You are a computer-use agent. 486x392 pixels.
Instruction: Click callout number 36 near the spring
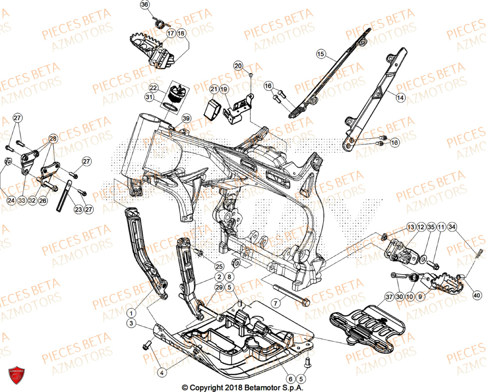144,5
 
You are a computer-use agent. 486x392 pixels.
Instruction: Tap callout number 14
400,98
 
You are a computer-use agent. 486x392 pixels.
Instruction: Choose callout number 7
276,303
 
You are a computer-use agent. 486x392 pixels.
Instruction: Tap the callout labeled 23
78,209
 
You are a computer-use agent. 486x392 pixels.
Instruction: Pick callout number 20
238,66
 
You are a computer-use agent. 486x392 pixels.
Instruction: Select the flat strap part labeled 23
64,196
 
